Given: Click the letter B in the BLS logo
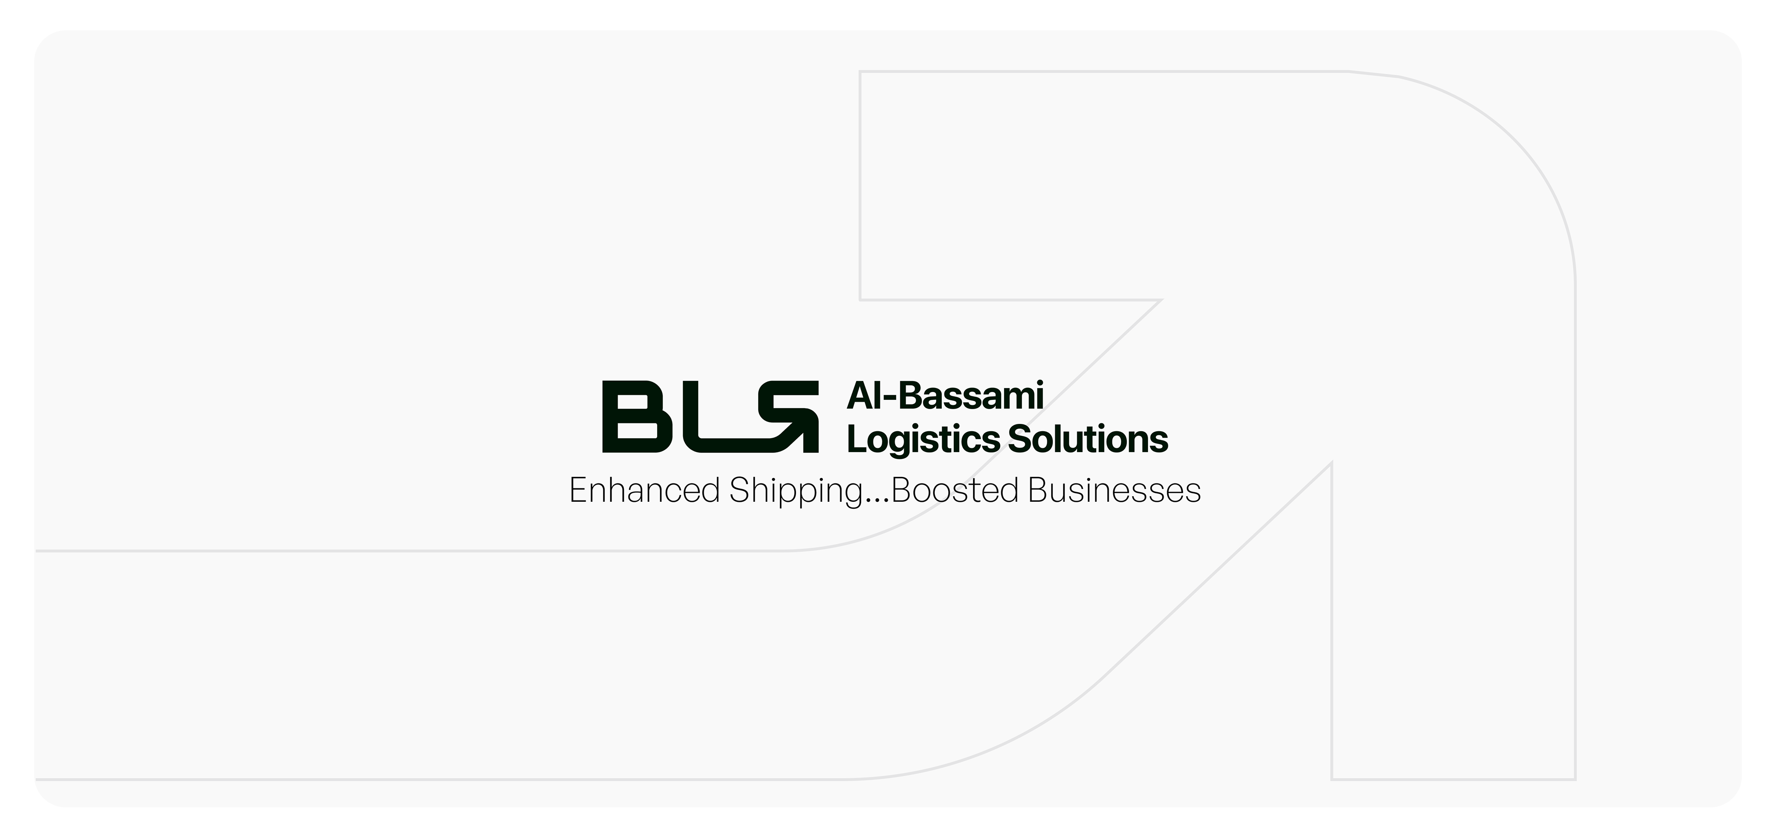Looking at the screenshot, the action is click(636, 417).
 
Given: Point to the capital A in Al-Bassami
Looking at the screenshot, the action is click(859, 397).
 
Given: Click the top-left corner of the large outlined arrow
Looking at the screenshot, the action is click(861, 71).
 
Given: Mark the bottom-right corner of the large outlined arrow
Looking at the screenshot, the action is click(1575, 779).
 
